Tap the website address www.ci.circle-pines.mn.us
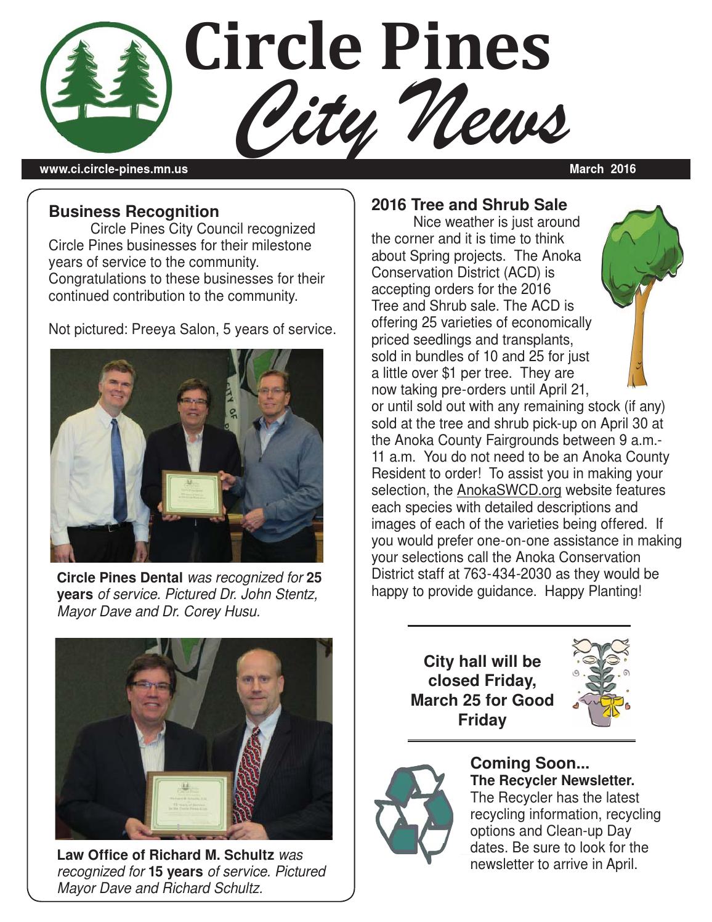click(114, 169)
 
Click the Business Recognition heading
click(134, 211)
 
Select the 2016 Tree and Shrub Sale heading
click(469, 204)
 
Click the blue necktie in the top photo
click(118, 468)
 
